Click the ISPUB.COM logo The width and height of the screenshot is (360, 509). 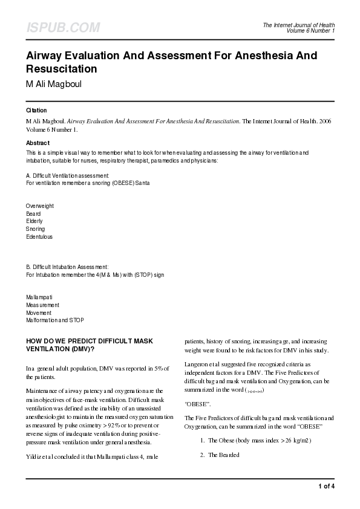coord(63,28)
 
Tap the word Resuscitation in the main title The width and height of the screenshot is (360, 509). coord(62,69)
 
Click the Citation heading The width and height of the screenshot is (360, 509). coord(36,111)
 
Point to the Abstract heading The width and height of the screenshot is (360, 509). coord(38,143)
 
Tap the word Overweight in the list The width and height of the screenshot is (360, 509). coord(39,206)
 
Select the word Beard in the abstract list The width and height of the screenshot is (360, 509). coord(34,214)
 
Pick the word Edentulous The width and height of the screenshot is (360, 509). coord(39,237)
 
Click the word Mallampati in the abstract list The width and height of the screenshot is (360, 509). coord(39,297)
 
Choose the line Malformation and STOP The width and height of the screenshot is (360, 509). coord(55,320)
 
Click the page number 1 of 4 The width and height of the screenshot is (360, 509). coord(326,485)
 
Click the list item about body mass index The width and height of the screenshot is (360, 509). coord(260,440)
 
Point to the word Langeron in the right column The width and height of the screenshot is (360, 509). coord(198,365)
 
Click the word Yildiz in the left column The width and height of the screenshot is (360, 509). coord(34,455)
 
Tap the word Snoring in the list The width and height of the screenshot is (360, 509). coord(35,229)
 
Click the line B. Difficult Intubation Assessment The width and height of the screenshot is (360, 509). coord(67,267)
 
